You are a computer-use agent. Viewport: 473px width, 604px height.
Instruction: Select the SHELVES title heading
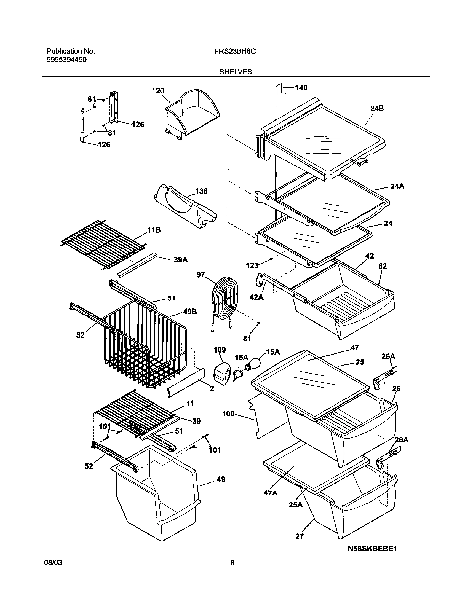(x=236, y=72)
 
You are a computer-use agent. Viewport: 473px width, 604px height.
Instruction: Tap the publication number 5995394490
(x=67, y=60)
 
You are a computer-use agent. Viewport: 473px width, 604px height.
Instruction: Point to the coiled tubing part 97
(x=225, y=297)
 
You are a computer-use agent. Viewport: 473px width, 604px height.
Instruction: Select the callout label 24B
(x=377, y=109)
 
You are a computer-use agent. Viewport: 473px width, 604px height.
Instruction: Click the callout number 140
(x=301, y=88)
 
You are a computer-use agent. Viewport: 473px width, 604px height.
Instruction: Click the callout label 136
(x=201, y=191)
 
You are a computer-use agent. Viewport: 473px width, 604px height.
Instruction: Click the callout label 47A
(x=271, y=493)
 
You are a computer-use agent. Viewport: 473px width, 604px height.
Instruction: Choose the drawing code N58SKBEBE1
(x=372, y=549)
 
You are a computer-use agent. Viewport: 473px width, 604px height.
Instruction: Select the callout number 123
(x=252, y=266)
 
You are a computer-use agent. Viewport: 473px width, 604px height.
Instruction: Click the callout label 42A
(x=256, y=297)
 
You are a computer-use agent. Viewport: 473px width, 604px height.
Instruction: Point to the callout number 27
(x=299, y=536)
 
